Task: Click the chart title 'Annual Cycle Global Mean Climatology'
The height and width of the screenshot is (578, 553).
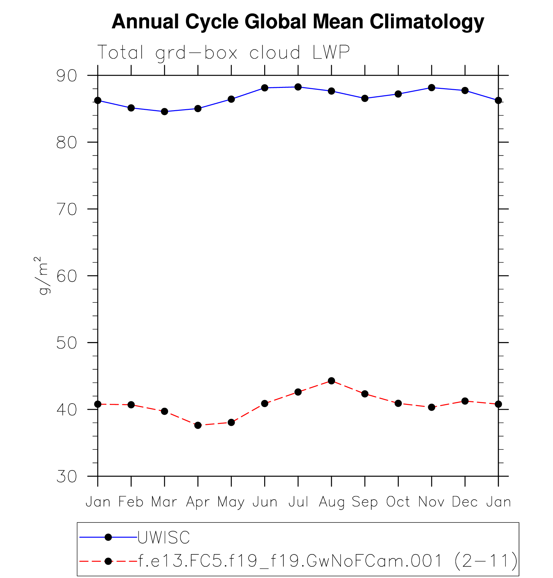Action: coord(298,22)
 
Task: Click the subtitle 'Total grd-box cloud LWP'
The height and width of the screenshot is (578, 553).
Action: coord(223,52)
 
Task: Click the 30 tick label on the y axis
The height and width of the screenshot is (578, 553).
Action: coord(67,476)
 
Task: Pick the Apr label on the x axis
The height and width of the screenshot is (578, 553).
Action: coord(198,502)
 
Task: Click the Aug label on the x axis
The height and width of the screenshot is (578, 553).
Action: coord(331,502)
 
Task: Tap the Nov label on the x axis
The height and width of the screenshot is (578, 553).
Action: coord(431,502)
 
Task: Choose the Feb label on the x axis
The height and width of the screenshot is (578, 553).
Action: coord(131,502)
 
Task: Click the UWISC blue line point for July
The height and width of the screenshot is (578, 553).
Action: coord(298,87)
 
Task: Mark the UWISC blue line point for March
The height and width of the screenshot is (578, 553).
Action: coord(165,112)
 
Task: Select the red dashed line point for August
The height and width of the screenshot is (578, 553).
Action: coord(331,381)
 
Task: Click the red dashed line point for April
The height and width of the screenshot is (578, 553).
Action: coord(198,426)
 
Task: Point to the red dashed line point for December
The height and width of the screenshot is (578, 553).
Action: coord(465,401)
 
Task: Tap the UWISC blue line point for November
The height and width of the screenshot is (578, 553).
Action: coord(431,88)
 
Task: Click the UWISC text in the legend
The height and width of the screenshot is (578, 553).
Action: coord(164,538)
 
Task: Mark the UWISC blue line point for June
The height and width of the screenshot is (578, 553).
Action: coord(265,88)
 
